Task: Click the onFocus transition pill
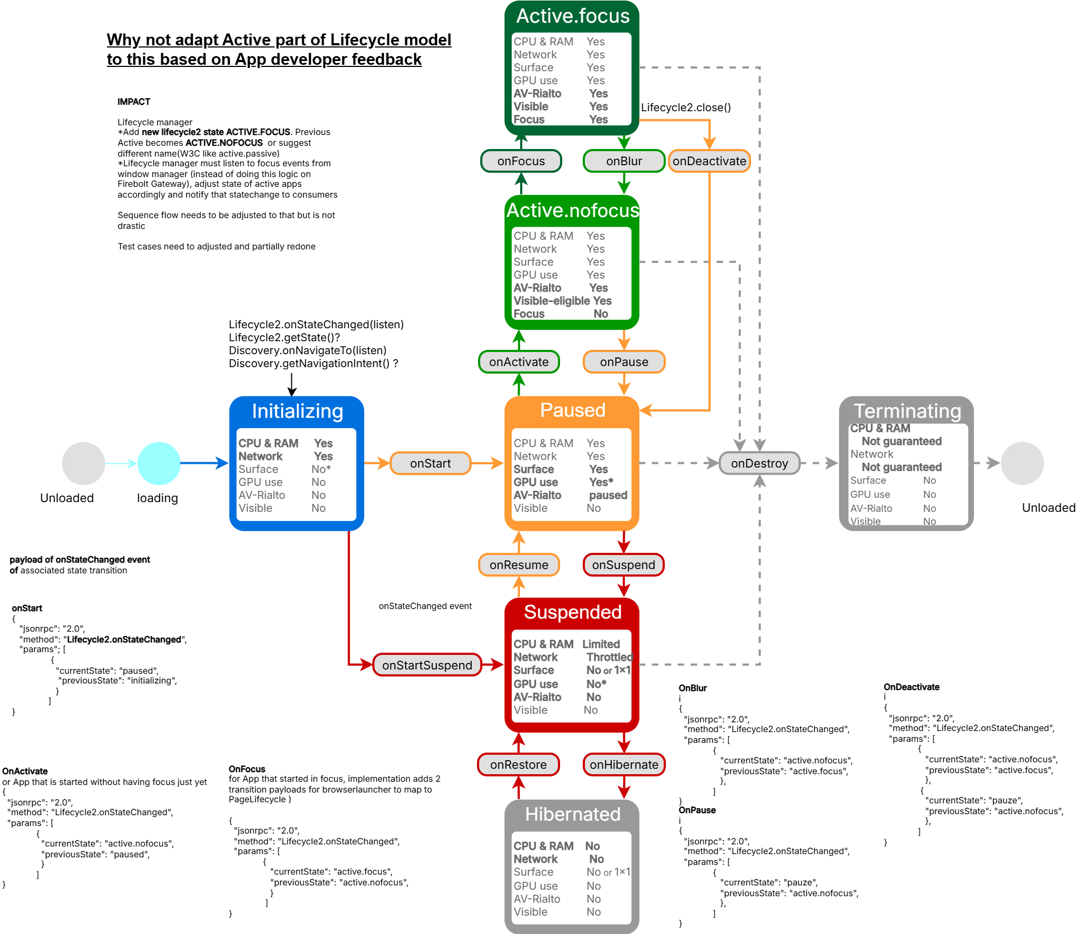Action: pyautogui.click(x=521, y=161)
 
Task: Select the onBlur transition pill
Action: pyautogui.click(x=624, y=161)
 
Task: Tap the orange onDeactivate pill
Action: pyautogui.click(x=709, y=161)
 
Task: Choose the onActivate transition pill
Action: pyautogui.click(x=519, y=362)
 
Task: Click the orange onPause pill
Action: pyautogui.click(x=624, y=362)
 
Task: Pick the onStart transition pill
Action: pyautogui.click(x=430, y=463)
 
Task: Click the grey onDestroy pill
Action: pyautogui.click(x=759, y=463)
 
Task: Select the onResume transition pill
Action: pyautogui.click(x=519, y=565)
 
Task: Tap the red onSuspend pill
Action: pyautogui.click(x=623, y=565)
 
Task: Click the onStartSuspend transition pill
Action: pyautogui.click(x=427, y=665)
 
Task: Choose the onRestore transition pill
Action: pyautogui.click(x=518, y=764)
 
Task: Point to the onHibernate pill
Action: pyautogui.click(x=624, y=764)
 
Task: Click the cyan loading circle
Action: pyautogui.click(x=159, y=463)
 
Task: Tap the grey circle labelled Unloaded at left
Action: pyautogui.click(x=83, y=463)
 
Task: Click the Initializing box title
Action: pyautogui.click(x=297, y=411)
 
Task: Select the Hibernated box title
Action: pyautogui.click(x=572, y=814)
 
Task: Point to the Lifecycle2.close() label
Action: pyautogui.click(x=686, y=107)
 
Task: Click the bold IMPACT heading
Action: pyautogui.click(x=134, y=101)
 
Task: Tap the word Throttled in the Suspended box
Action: pyautogui.click(x=609, y=657)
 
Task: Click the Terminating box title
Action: pyautogui.click(x=907, y=411)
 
